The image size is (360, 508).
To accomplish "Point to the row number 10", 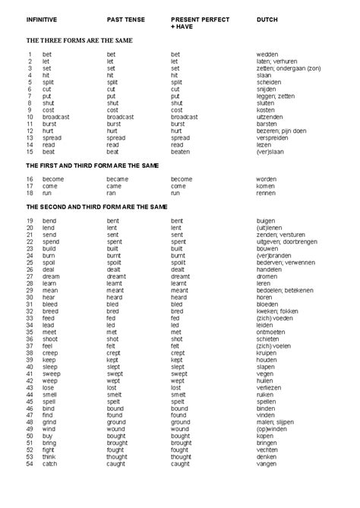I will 30,117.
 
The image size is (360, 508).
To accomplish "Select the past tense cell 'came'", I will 114,186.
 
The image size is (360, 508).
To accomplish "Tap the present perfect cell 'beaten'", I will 181,152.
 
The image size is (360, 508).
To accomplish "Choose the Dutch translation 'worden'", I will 267,179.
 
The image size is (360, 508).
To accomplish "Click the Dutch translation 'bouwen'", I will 267,248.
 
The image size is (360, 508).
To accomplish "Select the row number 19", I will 30,220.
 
